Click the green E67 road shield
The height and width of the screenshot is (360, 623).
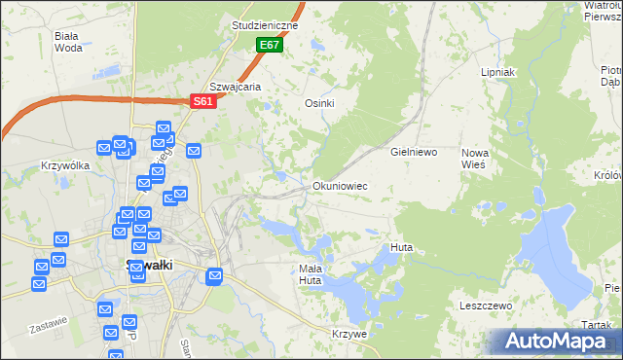[270, 46]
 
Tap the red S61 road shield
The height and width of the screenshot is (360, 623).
[202, 100]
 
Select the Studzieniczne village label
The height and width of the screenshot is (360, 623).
[264, 25]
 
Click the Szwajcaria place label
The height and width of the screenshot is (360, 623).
[236, 87]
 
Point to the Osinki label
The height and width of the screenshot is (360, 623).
[320, 104]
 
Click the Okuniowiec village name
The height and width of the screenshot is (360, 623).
[340, 185]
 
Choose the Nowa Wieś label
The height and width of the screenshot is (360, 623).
[474, 159]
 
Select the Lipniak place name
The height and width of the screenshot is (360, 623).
[497, 73]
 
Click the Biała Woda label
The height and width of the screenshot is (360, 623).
[68, 41]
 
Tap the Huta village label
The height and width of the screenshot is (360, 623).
[401, 247]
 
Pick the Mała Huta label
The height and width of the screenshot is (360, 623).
[310, 274]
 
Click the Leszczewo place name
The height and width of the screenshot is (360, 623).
[486, 306]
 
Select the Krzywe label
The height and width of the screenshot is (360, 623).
[348, 334]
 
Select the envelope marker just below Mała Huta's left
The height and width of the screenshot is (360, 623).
[215, 276]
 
